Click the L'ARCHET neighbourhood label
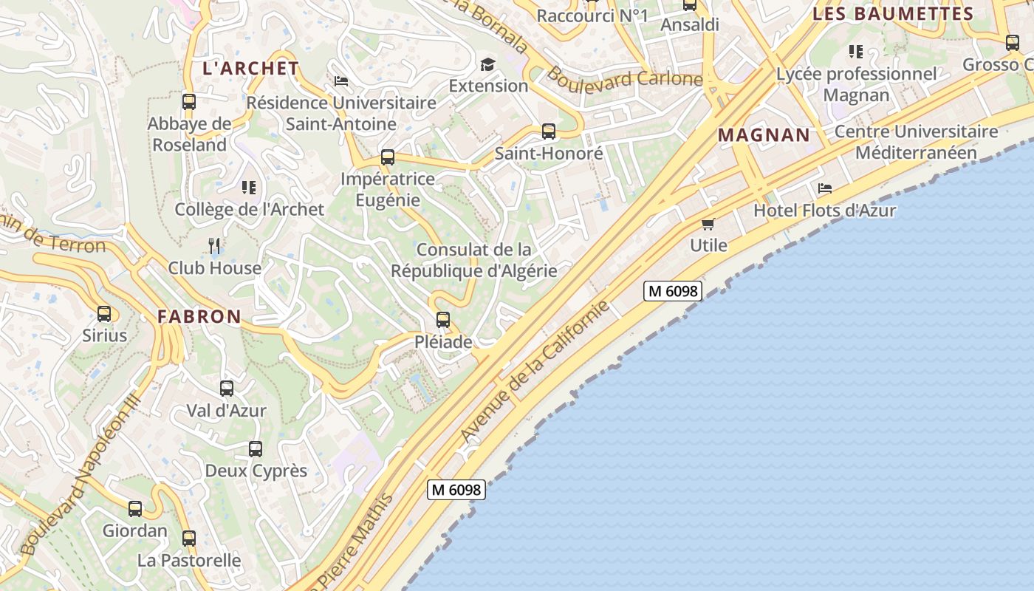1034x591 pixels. (251, 69)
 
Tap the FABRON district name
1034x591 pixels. (199, 317)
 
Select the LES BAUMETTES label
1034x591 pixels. (893, 14)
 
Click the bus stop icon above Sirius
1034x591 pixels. (104, 314)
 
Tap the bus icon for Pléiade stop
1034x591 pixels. (443, 320)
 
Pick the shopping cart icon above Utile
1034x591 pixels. (708, 224)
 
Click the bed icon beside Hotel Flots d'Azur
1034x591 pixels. (825, 189)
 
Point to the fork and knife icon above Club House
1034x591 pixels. (214, 245)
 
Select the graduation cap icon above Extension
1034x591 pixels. (487, 64)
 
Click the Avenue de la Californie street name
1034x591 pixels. (535, 371)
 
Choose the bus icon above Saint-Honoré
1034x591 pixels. (549, 131)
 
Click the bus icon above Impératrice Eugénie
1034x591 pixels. (388, 157)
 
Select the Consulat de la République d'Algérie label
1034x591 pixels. (473, 260)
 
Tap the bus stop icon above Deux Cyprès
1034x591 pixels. (256, 448)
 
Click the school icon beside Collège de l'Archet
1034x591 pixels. (249, 188)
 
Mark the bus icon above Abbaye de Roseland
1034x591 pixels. (189, 101)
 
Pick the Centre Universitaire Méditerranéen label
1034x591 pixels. (916, 143)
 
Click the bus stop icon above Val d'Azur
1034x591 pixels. (227, 388)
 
